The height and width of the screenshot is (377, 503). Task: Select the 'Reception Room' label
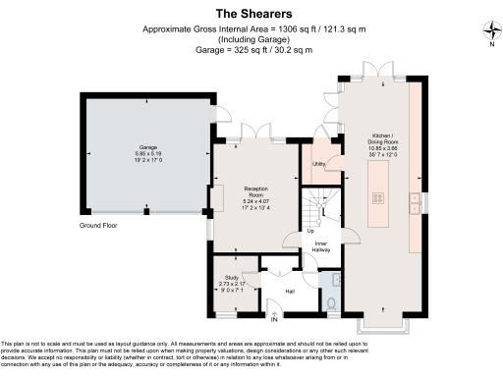256,189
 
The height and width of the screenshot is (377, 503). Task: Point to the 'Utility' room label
319,164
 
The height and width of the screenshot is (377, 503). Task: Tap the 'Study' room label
232,278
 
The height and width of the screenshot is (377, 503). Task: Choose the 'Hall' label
290,292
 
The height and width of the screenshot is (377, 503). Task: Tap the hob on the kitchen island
377,197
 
